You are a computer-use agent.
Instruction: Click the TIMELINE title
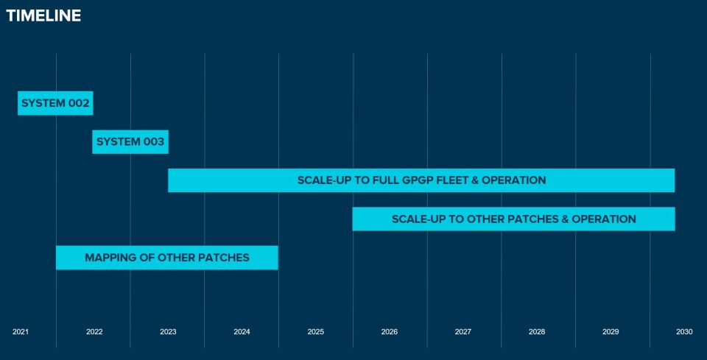pyautogui.click(x=43, y=15)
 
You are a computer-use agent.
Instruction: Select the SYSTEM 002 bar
pyautogui.click(x=55, y=103)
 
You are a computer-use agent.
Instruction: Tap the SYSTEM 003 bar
pyautogui.click(x=130, y=141)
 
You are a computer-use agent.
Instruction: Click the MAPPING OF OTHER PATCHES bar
pyautogui.click(x=166, y=258)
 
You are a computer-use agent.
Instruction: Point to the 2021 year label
pyautogui.click(x=21, y=332)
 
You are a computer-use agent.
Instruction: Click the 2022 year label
pyautogui.click(x=94, y=332)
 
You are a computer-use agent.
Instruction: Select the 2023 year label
pyautogui.click(x=168, y=332)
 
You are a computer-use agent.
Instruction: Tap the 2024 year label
pyautogui.click(x=242, y=332)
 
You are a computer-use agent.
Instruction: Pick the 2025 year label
pyautogui.click(x=316, y=332)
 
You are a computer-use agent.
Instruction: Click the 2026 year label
pyautogui.click(x=390, y=332)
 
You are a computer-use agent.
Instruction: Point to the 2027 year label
pyautogui.click(x=463, y=332)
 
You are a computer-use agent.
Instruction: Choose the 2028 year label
pyautogui.click(x=537, y=332)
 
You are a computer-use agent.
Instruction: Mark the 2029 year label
pyautogui.click(x=611, y=332)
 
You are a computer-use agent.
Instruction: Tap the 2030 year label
pyautogui.click(x=684, y=332)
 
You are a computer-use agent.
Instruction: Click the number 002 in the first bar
pyautogui.click(x=78, y=103)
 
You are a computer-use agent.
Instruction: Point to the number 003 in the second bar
pyautogui.click(x=153, y=141)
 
